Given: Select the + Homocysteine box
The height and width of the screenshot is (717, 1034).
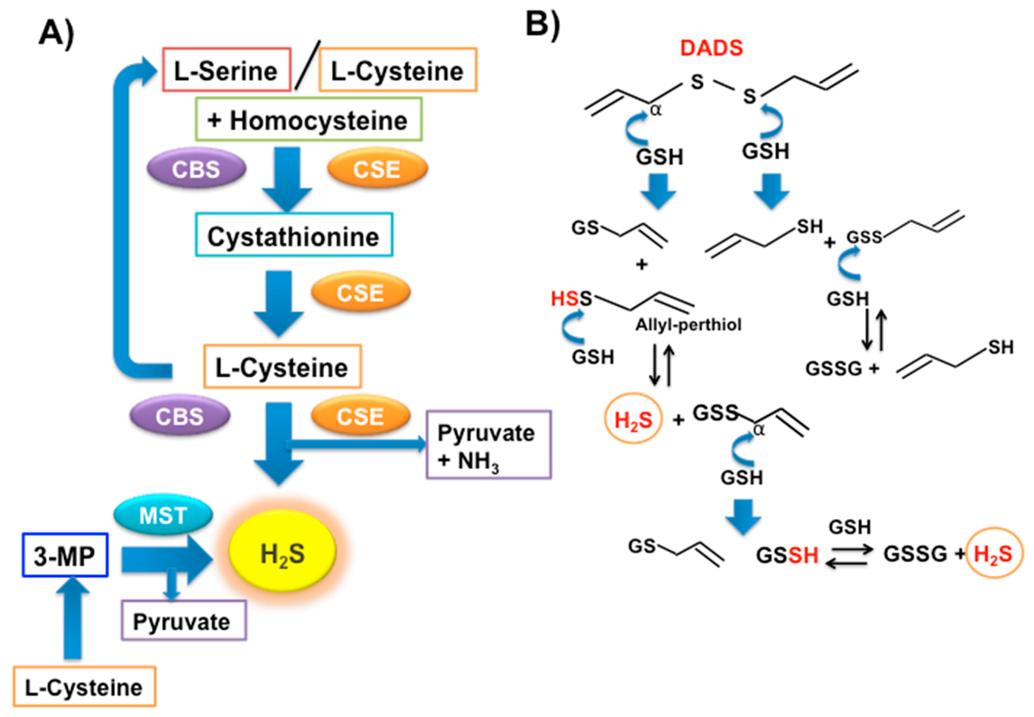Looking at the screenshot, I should coord(309,120).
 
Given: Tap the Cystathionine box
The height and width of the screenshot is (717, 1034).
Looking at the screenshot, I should coord(294,235).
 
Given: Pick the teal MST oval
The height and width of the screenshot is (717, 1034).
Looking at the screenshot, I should coord(163,515).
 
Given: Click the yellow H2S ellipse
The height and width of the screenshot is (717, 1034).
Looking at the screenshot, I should coord(282,553).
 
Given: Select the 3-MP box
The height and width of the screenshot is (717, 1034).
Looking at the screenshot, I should coord(65,555).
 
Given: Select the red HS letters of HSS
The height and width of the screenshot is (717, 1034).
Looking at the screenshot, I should coord(565,298).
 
